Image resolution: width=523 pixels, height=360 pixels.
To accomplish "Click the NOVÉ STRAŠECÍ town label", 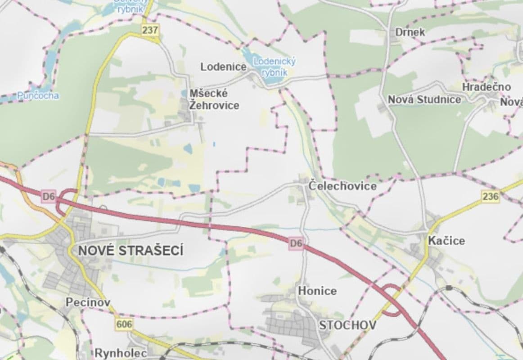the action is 131,251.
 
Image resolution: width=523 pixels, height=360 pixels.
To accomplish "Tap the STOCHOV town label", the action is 347,325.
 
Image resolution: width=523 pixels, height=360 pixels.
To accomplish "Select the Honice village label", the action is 317,291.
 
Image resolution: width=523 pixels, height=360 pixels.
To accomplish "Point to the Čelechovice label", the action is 343,186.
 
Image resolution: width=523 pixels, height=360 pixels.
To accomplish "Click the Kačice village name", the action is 446,241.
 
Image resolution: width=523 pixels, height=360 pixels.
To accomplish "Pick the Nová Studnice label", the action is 424,99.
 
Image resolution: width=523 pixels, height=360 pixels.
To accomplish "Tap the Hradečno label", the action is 487,87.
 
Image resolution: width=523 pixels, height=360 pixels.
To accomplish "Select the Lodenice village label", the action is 223,67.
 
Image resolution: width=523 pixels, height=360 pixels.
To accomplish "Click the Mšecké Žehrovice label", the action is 214,99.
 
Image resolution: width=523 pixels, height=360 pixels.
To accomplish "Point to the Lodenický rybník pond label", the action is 274,67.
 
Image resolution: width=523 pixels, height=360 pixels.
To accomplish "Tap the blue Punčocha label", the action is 38,95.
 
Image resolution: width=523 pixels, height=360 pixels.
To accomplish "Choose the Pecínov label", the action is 88,302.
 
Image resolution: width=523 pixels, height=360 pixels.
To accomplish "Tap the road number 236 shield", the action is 490,196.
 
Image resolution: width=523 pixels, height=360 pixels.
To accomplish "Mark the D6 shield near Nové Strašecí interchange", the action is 49,196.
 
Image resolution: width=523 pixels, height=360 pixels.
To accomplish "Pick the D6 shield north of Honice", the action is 296,243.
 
